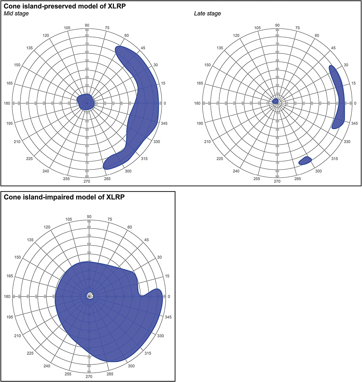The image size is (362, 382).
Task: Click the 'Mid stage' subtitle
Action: tap(16, 13)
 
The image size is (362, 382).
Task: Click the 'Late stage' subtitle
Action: tap(207, 13)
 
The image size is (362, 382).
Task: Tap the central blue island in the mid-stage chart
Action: tap(86, 102)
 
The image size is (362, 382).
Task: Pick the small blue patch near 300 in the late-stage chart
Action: tap(305, 161)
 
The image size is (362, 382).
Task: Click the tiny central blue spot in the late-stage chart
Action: tap(276, 101)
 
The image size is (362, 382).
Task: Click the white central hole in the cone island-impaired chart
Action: tap(89, 296)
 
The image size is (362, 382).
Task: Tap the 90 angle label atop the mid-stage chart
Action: tap(87, 25)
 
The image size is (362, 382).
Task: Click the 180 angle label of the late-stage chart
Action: tap(197, 103)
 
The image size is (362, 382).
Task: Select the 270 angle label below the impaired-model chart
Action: tap(89, 377)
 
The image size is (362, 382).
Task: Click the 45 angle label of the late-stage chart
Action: tap(333, 48)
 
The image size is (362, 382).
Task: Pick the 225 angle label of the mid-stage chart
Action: tap(29, 158)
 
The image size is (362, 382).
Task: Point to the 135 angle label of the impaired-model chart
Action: tap(30, 240)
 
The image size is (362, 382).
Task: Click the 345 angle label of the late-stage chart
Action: tap(354, 123)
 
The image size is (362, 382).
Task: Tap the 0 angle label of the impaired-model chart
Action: tap(169, 297)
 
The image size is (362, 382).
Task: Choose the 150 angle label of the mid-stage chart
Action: tap(17, 65)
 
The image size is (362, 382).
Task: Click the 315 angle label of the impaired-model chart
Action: tap(148, 353)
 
